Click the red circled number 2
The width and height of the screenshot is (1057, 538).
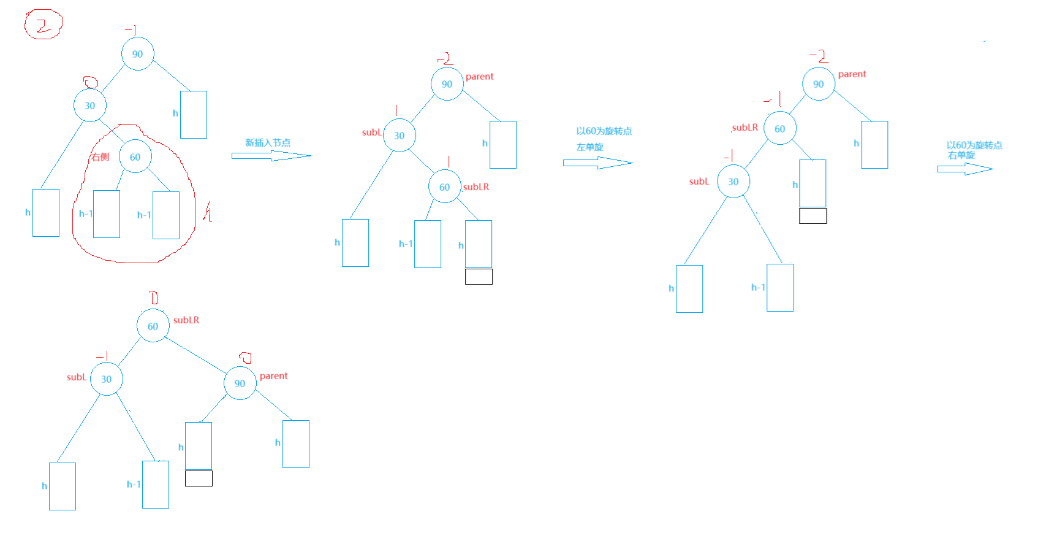pos(43,25)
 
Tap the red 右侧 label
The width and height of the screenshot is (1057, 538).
pos(100,157)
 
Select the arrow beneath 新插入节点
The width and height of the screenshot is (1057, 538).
pos(271,156)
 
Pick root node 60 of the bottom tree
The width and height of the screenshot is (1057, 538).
pos(153,326)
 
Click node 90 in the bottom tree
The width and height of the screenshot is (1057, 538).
pos(240,383)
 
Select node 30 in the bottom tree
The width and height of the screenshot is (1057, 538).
pos(107,379)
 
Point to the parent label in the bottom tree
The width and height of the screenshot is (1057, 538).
pos(273,376)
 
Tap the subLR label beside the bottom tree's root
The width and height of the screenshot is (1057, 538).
pos(186,320)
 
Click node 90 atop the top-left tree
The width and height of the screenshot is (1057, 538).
pos(138,54)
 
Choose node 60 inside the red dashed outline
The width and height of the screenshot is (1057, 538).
pos(135,157)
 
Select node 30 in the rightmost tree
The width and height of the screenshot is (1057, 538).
pos(734,182)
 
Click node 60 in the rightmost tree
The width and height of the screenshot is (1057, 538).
pos(781,129)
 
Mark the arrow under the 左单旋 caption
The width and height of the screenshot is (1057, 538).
pos(598,163)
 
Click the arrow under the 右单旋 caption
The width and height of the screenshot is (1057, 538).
pos(965,169)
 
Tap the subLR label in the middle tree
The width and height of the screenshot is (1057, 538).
pos(476,187)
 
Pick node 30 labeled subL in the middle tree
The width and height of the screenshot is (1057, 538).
pos(400,136)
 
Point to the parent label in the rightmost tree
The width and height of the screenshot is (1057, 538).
pos(852,75)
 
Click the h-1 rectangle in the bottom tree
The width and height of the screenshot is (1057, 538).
pos(156,485)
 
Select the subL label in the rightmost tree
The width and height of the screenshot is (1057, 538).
pos(699,182)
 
